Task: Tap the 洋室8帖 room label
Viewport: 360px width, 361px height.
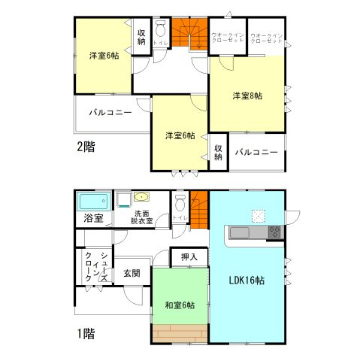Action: pos(247,96)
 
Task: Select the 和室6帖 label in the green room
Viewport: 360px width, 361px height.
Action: pos(180,305)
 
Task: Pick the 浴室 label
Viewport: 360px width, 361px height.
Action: pos(93,219)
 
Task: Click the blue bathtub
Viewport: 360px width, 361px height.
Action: pos(94,202)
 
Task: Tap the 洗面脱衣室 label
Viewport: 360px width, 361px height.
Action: pos(141,217)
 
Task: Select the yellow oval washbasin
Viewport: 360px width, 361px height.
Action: pos(142,198)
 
